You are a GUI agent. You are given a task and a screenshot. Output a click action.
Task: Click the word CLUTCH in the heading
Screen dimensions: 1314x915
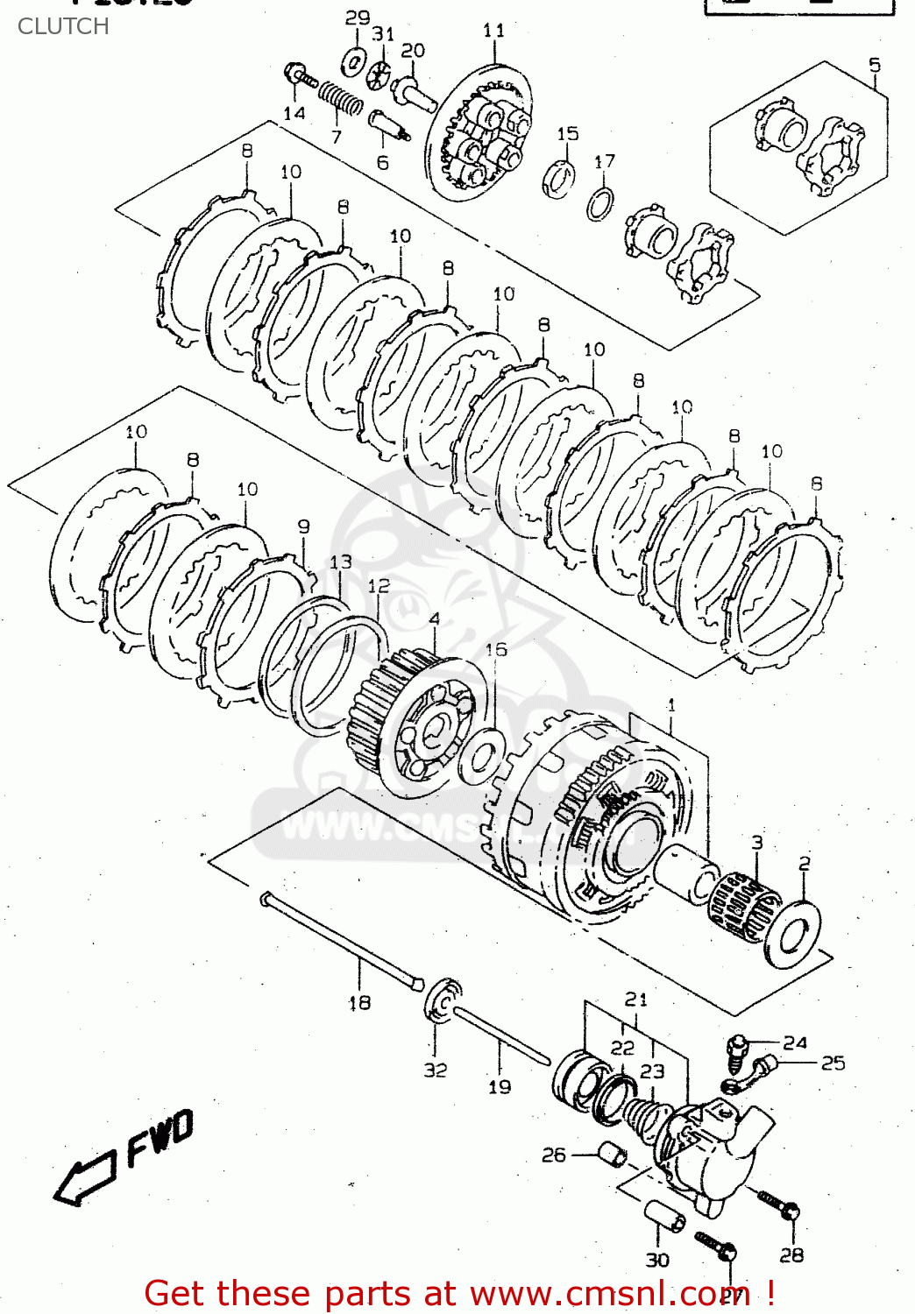(x=63, y=26)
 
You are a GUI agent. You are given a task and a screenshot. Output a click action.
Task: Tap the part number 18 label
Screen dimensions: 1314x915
(x=359, y=1003)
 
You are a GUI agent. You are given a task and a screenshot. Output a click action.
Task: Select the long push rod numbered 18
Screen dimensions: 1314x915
(x=342, y=941)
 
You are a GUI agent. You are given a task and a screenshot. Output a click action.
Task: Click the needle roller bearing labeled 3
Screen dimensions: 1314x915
(x=743, y=907)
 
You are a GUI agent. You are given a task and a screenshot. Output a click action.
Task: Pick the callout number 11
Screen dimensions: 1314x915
(x=493, y=31)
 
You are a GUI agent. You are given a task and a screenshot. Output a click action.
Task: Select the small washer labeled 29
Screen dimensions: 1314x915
(x=354, y=62)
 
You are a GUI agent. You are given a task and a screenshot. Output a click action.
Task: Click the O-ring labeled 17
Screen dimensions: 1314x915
(x=600, y=205)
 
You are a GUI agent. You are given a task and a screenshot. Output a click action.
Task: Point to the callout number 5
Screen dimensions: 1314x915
(x=874, y=65)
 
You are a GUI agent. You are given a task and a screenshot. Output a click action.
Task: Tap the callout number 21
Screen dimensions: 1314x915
(x=636, y=1000)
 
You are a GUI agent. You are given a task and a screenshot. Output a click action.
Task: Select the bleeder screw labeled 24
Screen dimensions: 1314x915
(x=737, y=1051)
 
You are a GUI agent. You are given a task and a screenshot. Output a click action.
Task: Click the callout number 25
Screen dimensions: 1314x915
(x=833, y=1063)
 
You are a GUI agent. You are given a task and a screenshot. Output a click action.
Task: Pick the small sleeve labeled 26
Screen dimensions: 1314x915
(x=613, y=1155)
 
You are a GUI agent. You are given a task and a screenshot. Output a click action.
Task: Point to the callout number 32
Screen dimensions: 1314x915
(x=436, y=1070)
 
